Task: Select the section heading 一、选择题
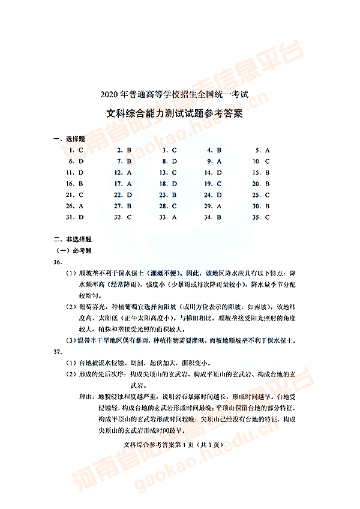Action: click(69, 139)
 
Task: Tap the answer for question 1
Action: click(76, 150)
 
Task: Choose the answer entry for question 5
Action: click(263, 150)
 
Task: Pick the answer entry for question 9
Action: click(215, 161)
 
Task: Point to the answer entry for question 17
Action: click(122, 184)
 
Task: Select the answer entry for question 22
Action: click(122, 195)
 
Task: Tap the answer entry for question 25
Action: click(262, 195)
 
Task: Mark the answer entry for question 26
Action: click(76, 206)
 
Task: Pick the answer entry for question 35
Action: click(262, 217)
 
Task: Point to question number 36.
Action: click(58, 262)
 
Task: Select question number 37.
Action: click(58, 351)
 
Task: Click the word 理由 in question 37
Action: click(86, 397)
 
